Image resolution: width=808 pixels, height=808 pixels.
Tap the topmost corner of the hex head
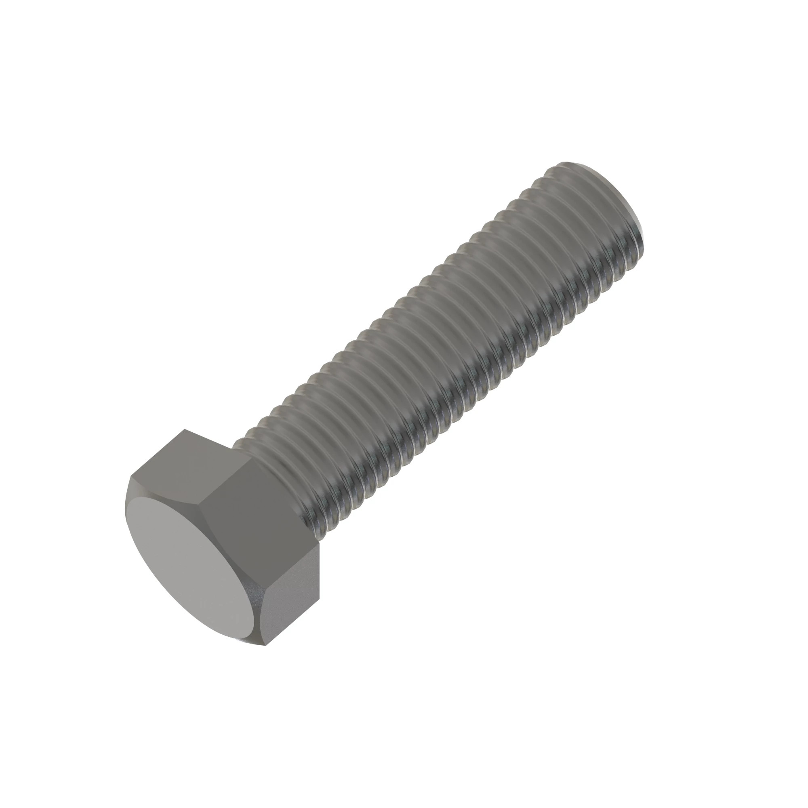click(184, 429)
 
